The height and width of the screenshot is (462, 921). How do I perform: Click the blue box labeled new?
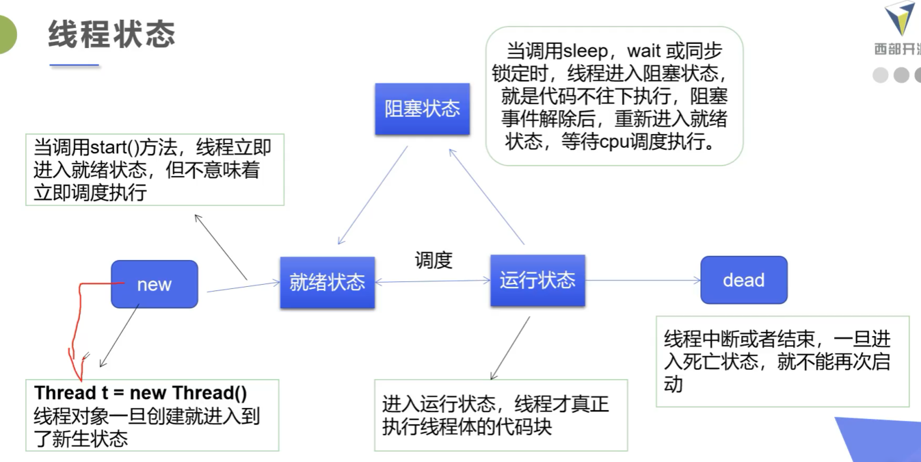click(x=155, y=284)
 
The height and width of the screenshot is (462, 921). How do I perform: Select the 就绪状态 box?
click(x=328, y=283)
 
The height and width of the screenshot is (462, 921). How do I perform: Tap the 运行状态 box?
click(x=537, y=281)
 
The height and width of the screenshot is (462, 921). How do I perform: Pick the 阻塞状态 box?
click(x=423, y=109)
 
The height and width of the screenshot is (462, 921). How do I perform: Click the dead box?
click(x=744, y=280)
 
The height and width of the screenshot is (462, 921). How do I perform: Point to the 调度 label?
click(x=433, y=260)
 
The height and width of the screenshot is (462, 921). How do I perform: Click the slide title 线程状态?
click(x=112, y=34)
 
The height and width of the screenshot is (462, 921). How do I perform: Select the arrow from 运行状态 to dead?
click(x=643, y=281)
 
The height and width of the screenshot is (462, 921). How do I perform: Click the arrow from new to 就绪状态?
click(x=243, y=287)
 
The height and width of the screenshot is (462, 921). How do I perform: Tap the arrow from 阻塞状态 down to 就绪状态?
click(x=373, y=195)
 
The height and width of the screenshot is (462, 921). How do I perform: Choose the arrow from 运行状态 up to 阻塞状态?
click(x=486, y=197)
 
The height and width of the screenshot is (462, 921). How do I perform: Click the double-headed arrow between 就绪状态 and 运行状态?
click(x=433, y=281)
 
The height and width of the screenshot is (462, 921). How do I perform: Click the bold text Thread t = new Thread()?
click(x=141, y=393)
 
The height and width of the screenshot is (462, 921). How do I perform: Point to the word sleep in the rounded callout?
click(x=585, y=51)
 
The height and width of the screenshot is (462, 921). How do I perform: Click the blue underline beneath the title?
click(x=75, y=65)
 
